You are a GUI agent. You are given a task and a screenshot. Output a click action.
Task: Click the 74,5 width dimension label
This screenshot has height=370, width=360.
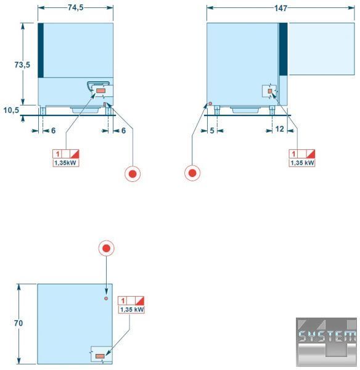[76, 7]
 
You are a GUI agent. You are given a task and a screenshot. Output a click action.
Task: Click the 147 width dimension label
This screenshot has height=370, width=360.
[280, 8]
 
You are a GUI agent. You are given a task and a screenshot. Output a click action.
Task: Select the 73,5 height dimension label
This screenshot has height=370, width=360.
[22, 65]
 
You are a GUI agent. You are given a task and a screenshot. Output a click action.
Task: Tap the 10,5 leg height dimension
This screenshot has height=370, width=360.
[11, 110]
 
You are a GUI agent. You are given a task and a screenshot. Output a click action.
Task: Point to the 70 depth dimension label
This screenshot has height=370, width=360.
[18, 323]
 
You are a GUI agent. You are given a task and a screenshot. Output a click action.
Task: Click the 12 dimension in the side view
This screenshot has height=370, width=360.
[279, 129]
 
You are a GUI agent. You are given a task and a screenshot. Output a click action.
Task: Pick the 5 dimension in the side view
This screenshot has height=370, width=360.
[212, 131]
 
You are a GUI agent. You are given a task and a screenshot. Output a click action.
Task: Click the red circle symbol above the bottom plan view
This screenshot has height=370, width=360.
[107, 249]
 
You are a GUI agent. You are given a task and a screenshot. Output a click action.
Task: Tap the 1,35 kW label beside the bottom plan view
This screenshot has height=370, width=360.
[132, 310]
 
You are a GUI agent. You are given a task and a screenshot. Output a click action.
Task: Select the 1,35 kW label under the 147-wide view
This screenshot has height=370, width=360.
[302, 163]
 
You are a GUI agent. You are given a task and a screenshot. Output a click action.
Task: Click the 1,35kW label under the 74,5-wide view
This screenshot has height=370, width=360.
[65, 163]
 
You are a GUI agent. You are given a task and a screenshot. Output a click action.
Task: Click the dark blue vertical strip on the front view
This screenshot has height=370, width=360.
[41, 51]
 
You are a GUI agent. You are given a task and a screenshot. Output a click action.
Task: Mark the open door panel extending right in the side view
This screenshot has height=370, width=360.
[322, 49]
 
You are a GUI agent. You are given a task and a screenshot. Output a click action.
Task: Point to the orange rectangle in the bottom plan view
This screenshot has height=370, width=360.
[100, 356]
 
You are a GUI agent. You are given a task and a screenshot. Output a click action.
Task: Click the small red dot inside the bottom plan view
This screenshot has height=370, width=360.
[106, 298]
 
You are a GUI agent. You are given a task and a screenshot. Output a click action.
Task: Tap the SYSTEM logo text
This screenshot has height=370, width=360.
[327, 336]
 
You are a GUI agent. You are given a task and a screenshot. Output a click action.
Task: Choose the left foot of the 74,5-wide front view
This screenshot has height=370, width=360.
[43, 110]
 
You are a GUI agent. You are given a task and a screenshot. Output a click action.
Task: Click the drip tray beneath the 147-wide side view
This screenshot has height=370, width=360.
[245, 110]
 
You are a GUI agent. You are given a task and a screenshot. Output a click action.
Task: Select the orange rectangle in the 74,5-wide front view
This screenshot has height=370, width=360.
[101, 91]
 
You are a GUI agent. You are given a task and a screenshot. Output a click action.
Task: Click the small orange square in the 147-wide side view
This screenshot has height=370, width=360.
[270, 91]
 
